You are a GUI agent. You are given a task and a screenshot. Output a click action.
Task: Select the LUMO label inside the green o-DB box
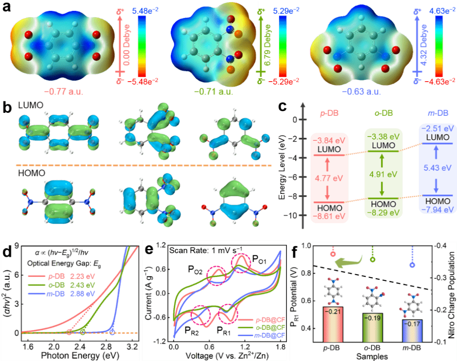(384, 145)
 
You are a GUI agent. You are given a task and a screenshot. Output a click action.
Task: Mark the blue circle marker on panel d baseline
(112, 332)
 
